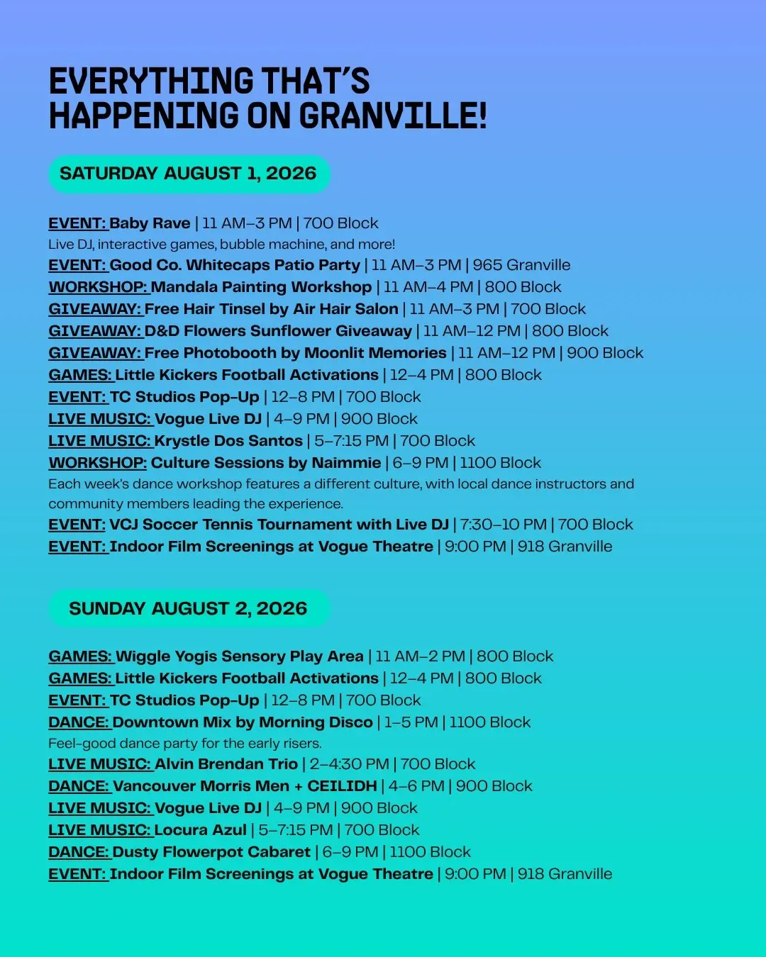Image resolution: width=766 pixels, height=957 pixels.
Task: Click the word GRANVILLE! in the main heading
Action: (x=393, y=116)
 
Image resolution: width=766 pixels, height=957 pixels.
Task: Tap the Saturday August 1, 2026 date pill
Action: (x=189, y=174)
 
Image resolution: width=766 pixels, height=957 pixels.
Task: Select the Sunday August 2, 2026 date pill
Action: (x=189, y=608)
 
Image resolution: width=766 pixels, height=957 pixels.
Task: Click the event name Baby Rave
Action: (x=150, y=223)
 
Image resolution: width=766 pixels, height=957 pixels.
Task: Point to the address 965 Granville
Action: (x=521, y=265)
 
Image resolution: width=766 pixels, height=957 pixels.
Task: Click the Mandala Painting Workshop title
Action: (x=261, y=287)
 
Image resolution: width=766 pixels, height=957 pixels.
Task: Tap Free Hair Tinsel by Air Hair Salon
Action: (x=271, y=309)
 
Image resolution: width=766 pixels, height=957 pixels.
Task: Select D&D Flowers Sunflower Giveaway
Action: (x=278, y=331)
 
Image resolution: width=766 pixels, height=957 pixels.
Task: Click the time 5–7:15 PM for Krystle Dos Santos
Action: (x=351, y=441)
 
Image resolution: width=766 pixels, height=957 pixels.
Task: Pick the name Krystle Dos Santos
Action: (x=228, y=441)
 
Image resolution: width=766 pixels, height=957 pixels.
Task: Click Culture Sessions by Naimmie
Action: (x=266, y=463)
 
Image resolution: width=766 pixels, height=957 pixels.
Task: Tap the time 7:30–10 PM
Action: (x=503, y=525)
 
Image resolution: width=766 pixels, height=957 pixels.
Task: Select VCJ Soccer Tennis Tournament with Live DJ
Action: (x=279, y=525)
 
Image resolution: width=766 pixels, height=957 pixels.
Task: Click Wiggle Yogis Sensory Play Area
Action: (x=240, y=656)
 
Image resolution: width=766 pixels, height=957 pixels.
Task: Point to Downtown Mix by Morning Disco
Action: (x=243, y=722)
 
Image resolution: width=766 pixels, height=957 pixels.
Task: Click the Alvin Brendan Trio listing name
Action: (x=226, y=764)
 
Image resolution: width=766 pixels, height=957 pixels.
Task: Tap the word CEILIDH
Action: (x=342, y=786)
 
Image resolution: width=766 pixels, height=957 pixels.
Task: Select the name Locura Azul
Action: (x=200, y=830)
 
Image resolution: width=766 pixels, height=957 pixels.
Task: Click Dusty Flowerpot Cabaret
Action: (x=211, y=853)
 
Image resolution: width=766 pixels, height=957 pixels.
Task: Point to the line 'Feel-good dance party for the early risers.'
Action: (x=184, y=744)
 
